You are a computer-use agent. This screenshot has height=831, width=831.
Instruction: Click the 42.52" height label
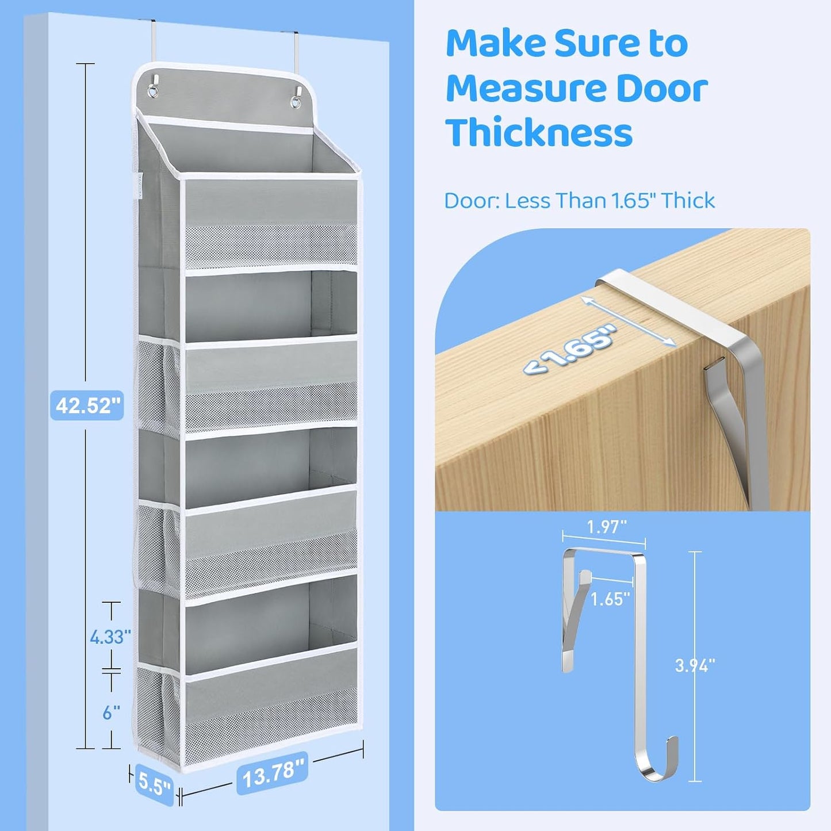[87, 405]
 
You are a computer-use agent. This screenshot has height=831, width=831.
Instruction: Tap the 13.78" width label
[272, 773]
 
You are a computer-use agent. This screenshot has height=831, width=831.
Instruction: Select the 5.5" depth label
[154, 784]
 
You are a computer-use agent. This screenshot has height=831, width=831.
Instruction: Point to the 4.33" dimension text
[110, 637]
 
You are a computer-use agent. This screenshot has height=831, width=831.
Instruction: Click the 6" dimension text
[111, 713]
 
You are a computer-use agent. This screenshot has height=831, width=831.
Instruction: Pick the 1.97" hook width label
[607, 527]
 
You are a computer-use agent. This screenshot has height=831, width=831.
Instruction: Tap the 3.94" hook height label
[695, 665]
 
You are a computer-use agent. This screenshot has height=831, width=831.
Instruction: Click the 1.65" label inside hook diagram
[611, 599]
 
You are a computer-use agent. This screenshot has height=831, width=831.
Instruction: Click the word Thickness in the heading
[539, 132]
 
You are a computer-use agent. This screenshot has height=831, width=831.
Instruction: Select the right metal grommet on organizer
[296, 101]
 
